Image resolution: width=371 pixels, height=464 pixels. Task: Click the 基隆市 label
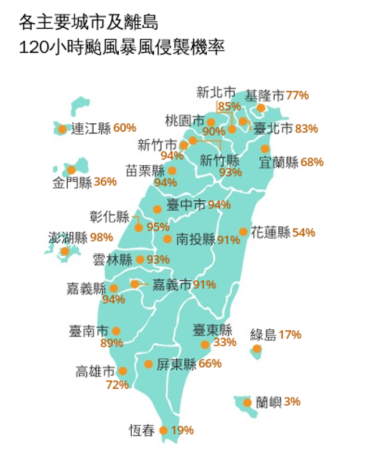pyautogui.click(x=265, y=95)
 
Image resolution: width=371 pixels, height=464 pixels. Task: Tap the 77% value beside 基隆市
pyautogui.click(x=297, y=95)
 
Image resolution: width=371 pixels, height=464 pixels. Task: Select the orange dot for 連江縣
pyautogui.click(x=62, y=129)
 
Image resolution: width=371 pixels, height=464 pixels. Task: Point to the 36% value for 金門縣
pyautogui.click(x=105, y=182)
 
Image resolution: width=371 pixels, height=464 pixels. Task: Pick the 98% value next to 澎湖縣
pyautogui.click(x=101, y=237)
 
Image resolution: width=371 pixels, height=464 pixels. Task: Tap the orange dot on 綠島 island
pyautogui.click(x=257, y=349)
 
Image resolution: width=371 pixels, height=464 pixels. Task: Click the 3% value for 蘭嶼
pyautogui.click(x=292, y=402)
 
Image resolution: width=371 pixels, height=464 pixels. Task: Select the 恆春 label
pyautogui.click(x=141, y=431)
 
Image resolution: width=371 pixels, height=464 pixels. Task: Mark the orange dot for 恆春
pyautogui.click(x=163, y=430)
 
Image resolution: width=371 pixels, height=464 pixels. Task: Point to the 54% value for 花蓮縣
pyautogui.click(x=304, y=232)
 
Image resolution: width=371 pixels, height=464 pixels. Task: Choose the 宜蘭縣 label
pyautogui.click(x=278, y=162)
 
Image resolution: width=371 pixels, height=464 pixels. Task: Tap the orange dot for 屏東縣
pyautogui.click(x=148, y=364)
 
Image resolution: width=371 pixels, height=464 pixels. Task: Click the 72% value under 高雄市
pyautogui.click(x=117, y=385)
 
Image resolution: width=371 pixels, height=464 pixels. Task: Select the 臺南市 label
pyautogui.click(x=88, y=330)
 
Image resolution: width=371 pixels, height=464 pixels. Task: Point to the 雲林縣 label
pyautogui.click(x=113, y=260)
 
